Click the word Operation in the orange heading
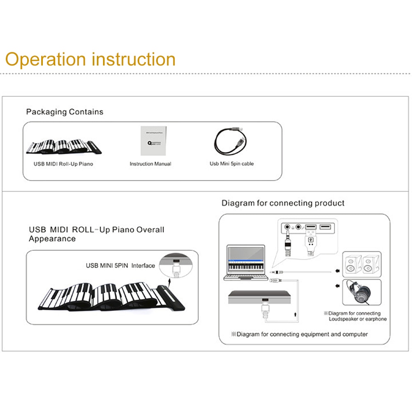pos(46,59)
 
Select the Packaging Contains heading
pos(65,112)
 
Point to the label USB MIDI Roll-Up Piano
pos(63,164)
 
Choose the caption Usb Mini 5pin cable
pos(232,164)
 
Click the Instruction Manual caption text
pos(150,164)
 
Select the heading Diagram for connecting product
pos(283,203)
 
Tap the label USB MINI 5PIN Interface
pos(120,266)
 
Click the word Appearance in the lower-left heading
pos(52,239)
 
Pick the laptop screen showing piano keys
pos(246,262)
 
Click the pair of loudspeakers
pos(361,264)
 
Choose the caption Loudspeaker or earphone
pos(358,319)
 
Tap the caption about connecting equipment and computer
pos(300,334)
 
